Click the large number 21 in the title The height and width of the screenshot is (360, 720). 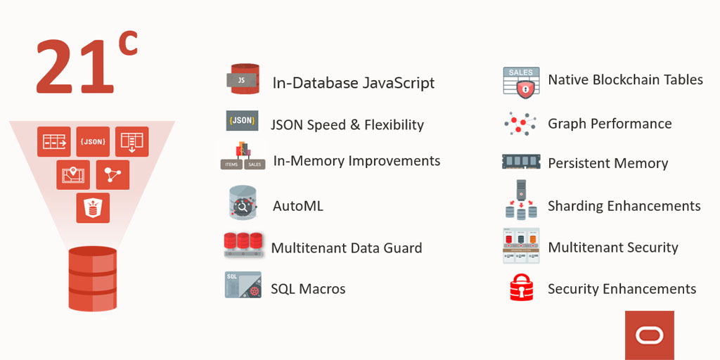[75, 68]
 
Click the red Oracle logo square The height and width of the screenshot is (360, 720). [649, 335]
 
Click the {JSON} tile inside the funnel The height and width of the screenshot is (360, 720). [93, 141]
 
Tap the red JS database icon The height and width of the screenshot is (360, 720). [243, 80]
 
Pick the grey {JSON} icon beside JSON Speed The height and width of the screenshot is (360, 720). [242, 120]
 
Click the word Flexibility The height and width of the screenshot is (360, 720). [394, 125]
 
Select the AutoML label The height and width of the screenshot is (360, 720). [298, 207]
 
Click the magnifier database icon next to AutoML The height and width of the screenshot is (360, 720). [243, 203]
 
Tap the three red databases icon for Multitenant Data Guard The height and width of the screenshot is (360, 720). [243, 244]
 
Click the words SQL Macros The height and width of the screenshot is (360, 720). [308, 289]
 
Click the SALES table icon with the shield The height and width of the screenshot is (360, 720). [521, 82]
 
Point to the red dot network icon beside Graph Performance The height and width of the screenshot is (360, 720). [520, 124]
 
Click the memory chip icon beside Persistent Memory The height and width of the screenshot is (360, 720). [521, 162]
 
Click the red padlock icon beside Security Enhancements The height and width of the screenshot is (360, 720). [521, 288]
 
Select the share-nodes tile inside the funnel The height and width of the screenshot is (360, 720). [112, 174]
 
